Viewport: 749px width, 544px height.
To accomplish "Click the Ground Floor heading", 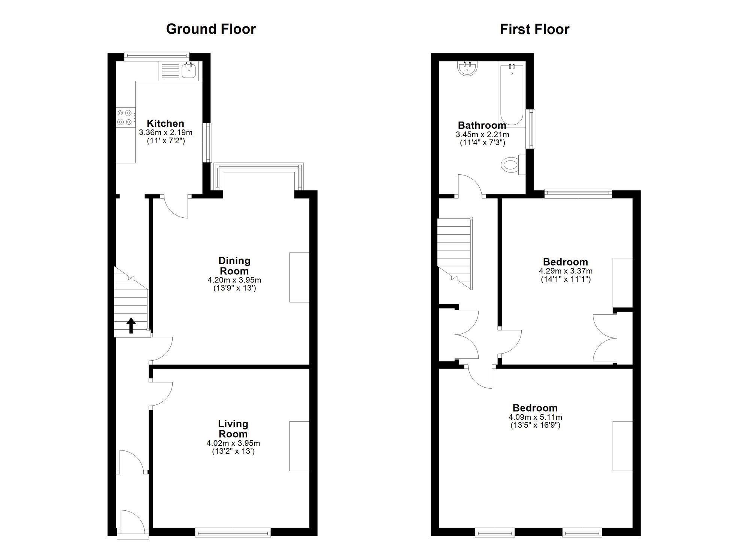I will click(x=211, y=29).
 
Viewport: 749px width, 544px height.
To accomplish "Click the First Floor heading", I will click(x=534, y=29).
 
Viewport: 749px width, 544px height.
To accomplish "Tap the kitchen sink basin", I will click(x=189, y=71).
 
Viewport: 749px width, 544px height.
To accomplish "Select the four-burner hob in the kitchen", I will click(x=125, y=117).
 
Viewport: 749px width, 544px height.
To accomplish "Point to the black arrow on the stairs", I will click(x=131, y=325).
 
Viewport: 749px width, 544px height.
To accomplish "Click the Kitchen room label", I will click(x=165, y=123).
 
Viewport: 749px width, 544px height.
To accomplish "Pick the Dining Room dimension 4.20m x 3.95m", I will click(x=234, y=280).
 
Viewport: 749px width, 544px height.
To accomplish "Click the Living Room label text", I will click(x=233, y=429).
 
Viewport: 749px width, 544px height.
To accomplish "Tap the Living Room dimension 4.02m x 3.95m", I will click(x=233, y=443).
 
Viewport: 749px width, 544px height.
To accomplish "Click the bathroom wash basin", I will click(x=467, y=69).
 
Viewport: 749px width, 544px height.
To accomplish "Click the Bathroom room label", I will click(x=482, y=125).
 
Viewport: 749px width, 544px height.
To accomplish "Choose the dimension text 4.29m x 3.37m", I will click(x=565, y=271).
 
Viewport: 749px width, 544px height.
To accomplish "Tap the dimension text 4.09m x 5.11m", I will click(x=535, y=417).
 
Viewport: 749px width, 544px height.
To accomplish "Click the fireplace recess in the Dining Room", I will click(x=299, y=277).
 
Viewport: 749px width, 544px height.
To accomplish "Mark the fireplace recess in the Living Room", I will click(x=299, y=446).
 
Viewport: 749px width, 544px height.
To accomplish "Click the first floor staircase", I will click(x=454, y=253).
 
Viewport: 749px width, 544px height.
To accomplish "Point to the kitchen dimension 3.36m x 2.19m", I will click(x=166, y=132).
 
